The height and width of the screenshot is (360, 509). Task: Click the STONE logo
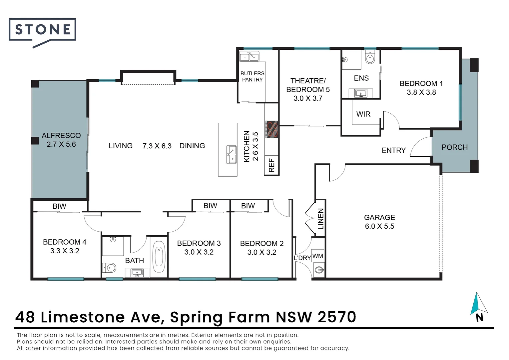tap(42, 30)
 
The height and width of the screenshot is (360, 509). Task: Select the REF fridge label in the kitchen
tap(271, 165)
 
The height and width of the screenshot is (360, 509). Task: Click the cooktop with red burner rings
tap(271, 129)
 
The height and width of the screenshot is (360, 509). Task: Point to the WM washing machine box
tap(318, 256)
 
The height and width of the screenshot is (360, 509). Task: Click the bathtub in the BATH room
tap(159, 257)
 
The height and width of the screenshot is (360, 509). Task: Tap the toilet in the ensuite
tap(370, 58)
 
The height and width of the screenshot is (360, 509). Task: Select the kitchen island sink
tap(231, 155)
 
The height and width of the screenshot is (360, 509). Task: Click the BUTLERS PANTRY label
tap(252, 76)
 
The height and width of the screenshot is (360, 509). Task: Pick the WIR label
tap(363, 114)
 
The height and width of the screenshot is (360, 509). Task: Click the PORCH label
tap(454, 147)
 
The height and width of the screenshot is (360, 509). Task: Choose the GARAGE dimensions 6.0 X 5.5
tap(379, 226)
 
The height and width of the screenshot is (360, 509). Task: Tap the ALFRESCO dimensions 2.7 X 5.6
tap(61, 144)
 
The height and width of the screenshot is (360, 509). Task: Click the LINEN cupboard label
tap(320, 219)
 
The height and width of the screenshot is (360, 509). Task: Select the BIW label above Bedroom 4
tap(59, 206)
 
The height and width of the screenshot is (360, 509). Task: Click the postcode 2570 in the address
tap(337, 317)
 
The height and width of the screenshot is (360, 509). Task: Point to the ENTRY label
tap(393, 150)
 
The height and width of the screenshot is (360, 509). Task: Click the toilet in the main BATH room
tap(110, 268)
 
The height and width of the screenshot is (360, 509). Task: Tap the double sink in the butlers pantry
tap(249, 57)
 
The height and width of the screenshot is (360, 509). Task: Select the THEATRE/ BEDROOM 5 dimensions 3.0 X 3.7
tap(308, 98)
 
